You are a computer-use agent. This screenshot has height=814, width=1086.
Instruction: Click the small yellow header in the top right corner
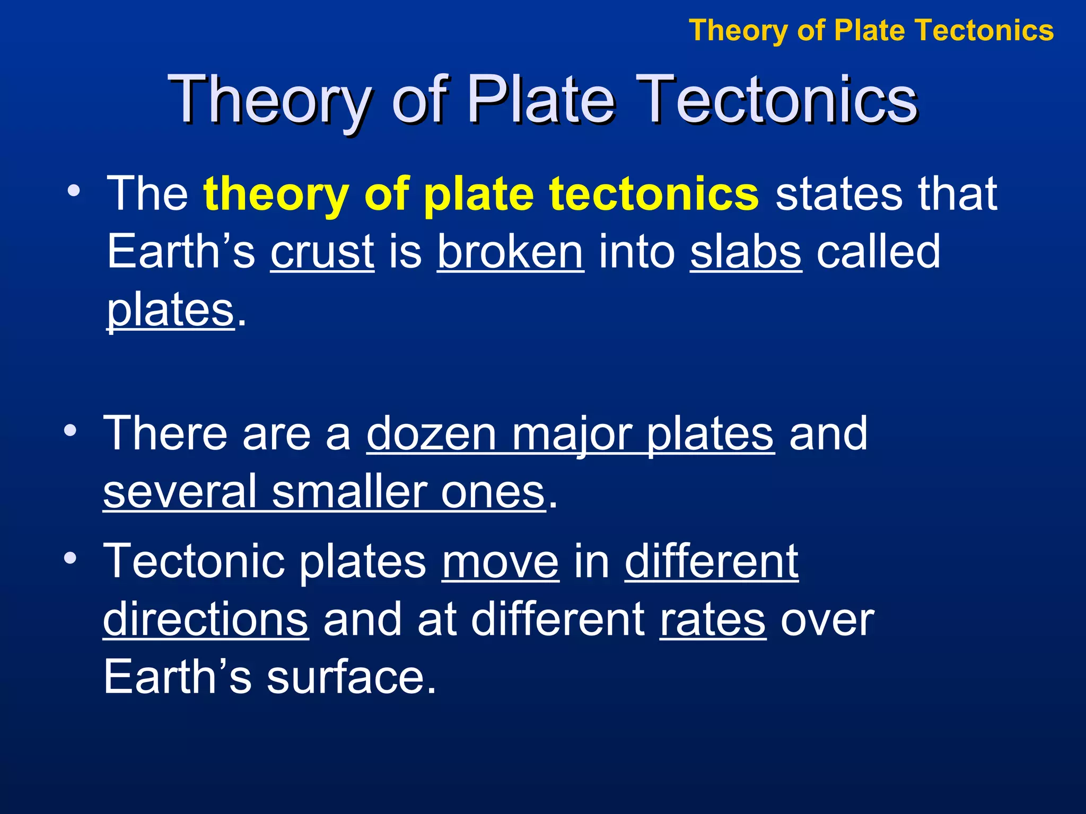[871, 30]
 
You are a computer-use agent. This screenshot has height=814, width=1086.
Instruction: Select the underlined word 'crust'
[322, 252]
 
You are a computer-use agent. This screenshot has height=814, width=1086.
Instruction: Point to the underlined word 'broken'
[510, 252]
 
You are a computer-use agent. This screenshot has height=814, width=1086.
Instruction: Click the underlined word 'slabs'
[746, 252]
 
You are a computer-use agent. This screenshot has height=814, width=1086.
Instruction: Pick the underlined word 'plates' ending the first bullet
[170, 311]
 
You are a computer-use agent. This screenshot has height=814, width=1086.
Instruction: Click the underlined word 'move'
[500, 563]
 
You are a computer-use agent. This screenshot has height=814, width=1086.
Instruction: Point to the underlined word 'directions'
[205, 620]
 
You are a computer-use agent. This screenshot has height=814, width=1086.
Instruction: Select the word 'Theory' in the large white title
[268, 100]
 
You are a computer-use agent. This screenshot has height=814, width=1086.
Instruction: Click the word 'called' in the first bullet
[878, 252]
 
